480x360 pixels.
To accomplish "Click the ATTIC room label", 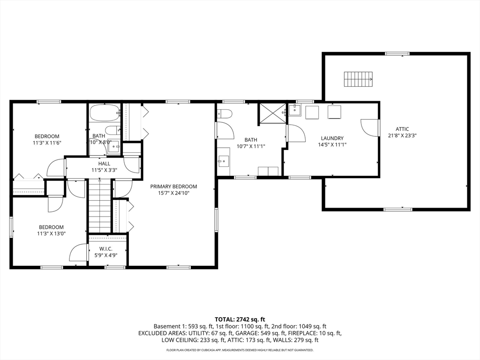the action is tap(402, 129).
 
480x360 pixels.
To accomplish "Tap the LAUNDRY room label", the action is tap(332, 138).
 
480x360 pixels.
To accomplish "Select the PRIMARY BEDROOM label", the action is tap(173, 187).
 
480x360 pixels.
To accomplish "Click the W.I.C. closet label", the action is tap(106, 249).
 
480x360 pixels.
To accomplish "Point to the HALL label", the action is tap(104, 164).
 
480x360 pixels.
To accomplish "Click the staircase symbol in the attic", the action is tap(358, 79).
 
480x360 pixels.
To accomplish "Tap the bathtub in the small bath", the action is tap(105, 113).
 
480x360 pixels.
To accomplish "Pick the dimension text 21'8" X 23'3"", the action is tap(402, 135).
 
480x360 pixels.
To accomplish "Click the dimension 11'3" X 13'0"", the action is tap(51, 233).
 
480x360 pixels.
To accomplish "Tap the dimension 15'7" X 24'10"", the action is tap(173, 193).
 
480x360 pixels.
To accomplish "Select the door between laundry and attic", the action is tap(371, 127).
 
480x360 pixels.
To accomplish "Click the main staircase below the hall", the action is tap(99, 206).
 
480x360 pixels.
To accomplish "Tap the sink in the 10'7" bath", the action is tap(224, 160).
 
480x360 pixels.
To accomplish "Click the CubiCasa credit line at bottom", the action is tap(240, 350).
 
